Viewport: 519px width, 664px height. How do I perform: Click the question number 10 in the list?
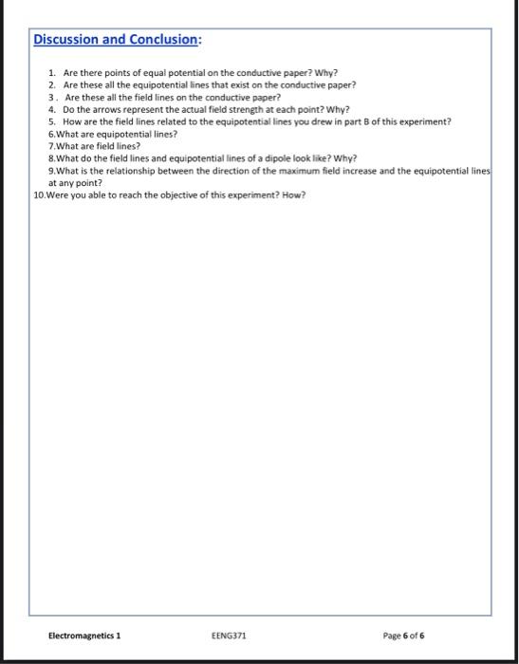click(x=38, y=195)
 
